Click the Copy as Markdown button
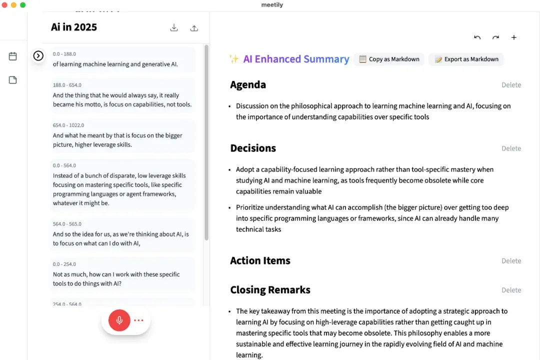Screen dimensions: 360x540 (x=389, y=59)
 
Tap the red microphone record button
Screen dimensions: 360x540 (x=119, y=320)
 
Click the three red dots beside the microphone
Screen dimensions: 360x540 (x=138, y=320)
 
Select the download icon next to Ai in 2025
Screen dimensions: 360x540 (x=174, y=28)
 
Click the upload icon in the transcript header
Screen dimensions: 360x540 (x=194, y=28)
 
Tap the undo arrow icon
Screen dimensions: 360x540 (x=477, y=37)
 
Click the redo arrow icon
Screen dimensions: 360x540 (x=495, y=37)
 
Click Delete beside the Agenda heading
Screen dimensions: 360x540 (x=511, y=85)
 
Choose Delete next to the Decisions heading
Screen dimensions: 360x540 (x=511, y=148)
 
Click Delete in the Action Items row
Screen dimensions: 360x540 (x=511, y=261)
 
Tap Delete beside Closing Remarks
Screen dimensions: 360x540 (x=511, y=290)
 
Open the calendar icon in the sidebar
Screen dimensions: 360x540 (x=13, y=56)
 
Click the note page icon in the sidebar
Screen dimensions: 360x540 (x=13, y=80)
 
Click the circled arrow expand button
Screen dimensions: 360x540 (x=38, y=56)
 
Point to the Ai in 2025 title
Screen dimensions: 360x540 (x=74, y=27)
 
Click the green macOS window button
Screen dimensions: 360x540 (x=22, y=5)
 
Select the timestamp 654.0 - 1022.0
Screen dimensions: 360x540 (x=68, y=125)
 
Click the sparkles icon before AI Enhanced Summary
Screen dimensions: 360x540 (x=233, y=59)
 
